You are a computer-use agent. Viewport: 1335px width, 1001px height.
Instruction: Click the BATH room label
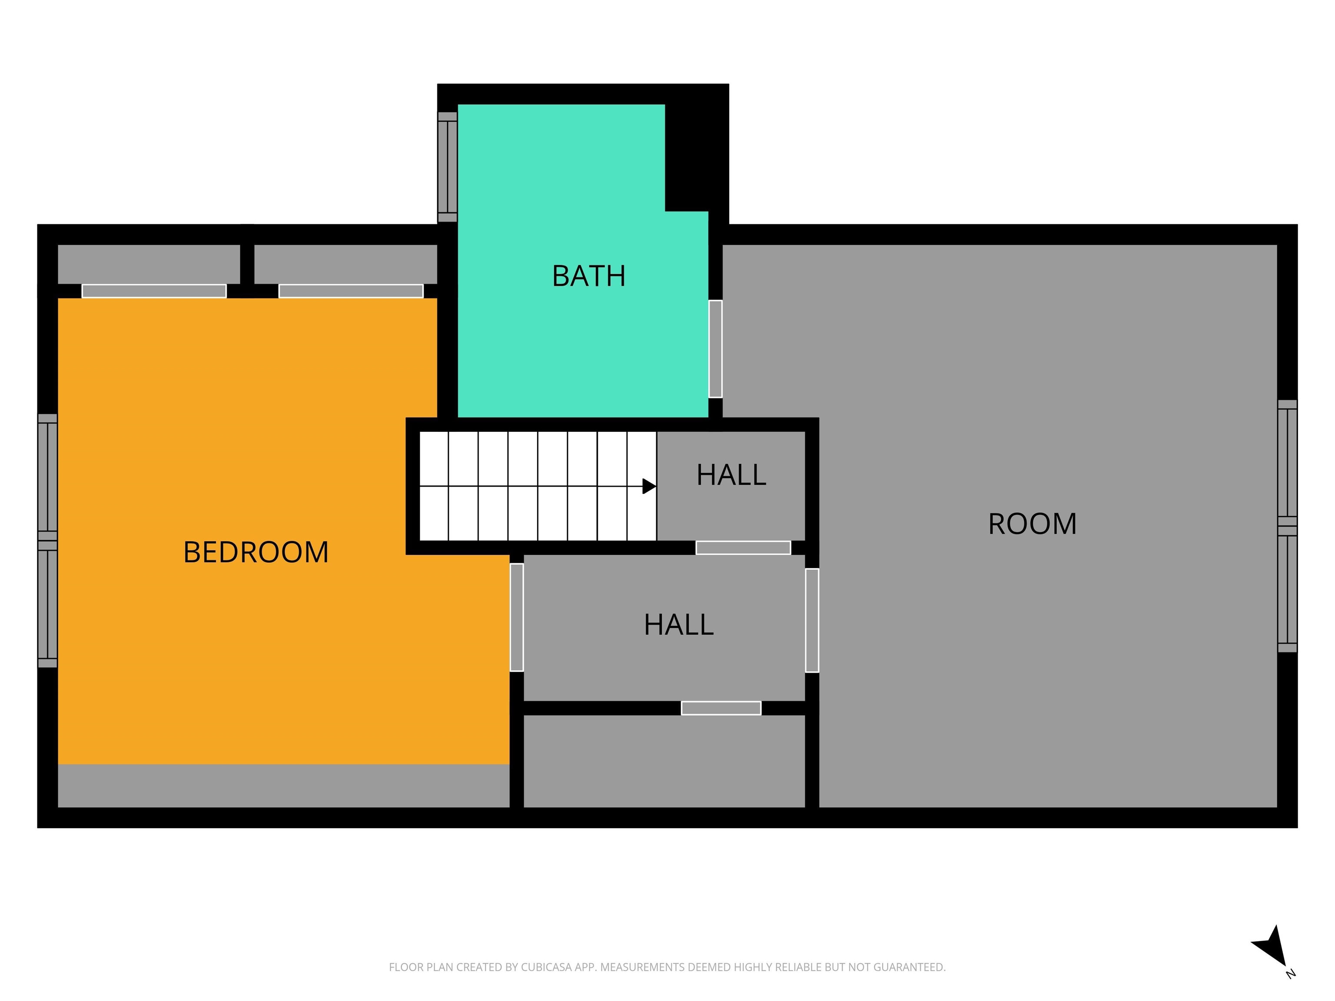click(x=588, y=276)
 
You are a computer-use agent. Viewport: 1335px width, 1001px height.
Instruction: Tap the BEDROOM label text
click(x=256, y=552)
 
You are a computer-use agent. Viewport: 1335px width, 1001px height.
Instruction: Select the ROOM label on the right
click(x=1033, y=524)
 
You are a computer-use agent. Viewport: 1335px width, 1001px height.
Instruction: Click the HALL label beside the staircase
click(x=731, y=475)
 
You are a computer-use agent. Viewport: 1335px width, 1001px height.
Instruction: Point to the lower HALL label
click(x=679, y=624)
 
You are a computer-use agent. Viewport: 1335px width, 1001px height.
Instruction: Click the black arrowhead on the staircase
click(x=649, y=486)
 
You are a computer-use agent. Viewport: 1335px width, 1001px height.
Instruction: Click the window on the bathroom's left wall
click(x=447, y=166)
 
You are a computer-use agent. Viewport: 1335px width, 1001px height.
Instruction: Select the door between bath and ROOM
click(x=715, y=349)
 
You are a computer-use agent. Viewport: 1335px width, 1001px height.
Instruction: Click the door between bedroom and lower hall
click(x=517, y=617)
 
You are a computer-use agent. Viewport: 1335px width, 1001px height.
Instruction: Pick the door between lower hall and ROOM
click(x=812, y=620)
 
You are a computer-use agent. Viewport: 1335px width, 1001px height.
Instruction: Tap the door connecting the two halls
click(x=743, y=547)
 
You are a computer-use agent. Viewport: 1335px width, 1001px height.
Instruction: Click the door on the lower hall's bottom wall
click(x=721, y=708)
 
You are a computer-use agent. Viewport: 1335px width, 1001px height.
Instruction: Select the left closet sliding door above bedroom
click(x=154, y=291)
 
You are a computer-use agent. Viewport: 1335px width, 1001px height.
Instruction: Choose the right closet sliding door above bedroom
click(x=351, y=291)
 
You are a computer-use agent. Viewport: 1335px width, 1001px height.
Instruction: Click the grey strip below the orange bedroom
click(x=284, y=786)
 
